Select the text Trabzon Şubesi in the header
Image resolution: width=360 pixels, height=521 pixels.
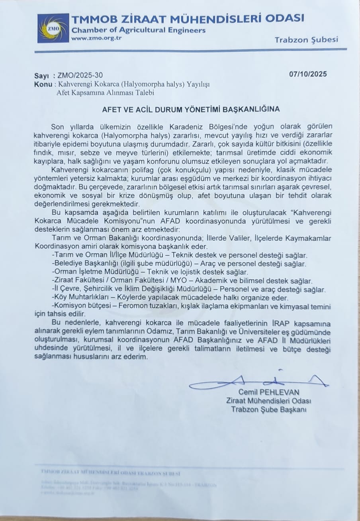pyautogui.click(x=306, y=39)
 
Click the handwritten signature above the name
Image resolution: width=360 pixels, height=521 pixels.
pyautogui.click(x=259, y=382)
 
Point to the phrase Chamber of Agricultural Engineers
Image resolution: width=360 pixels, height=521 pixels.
pyautogui.click(x=139, y=30)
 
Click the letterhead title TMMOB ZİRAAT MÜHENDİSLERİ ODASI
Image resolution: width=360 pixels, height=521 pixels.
pyautogui.click(x=188, y=18)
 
